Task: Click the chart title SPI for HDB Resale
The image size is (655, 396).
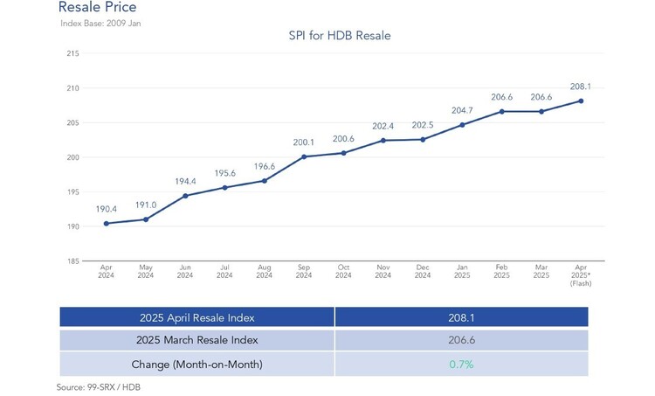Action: click(x=339, y=36)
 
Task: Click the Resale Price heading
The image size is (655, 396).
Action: click(x=97, y=8)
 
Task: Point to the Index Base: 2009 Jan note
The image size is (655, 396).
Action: click(x=100, y=23)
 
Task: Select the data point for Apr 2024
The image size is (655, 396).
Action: click(x=106, y=223)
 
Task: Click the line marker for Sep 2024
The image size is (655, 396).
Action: click(x=304, y=156)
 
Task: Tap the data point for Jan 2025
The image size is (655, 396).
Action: click(x=462, y=125)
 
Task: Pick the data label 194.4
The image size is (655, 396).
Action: click(x=184, y=181)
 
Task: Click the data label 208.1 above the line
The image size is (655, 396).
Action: click(x=581, y=87)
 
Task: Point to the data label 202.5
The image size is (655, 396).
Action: click(x=423, y=125)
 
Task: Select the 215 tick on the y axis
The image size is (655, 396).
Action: click(x=72, y=53)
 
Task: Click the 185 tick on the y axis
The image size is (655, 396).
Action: click(x=72, y=261)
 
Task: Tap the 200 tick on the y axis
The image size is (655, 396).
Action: click(x=72, y=157)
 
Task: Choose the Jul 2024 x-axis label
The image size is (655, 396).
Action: click(x=224, y=272)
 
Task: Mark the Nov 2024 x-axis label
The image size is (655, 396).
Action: click(x=383, y=272)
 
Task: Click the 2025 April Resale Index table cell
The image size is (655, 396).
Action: click(x=196, y=316)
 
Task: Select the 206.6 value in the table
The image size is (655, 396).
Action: click(x=460, y=340)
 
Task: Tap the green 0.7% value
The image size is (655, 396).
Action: click(x=460, y=364)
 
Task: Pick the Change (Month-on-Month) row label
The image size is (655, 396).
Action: click(x=196, y=364)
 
